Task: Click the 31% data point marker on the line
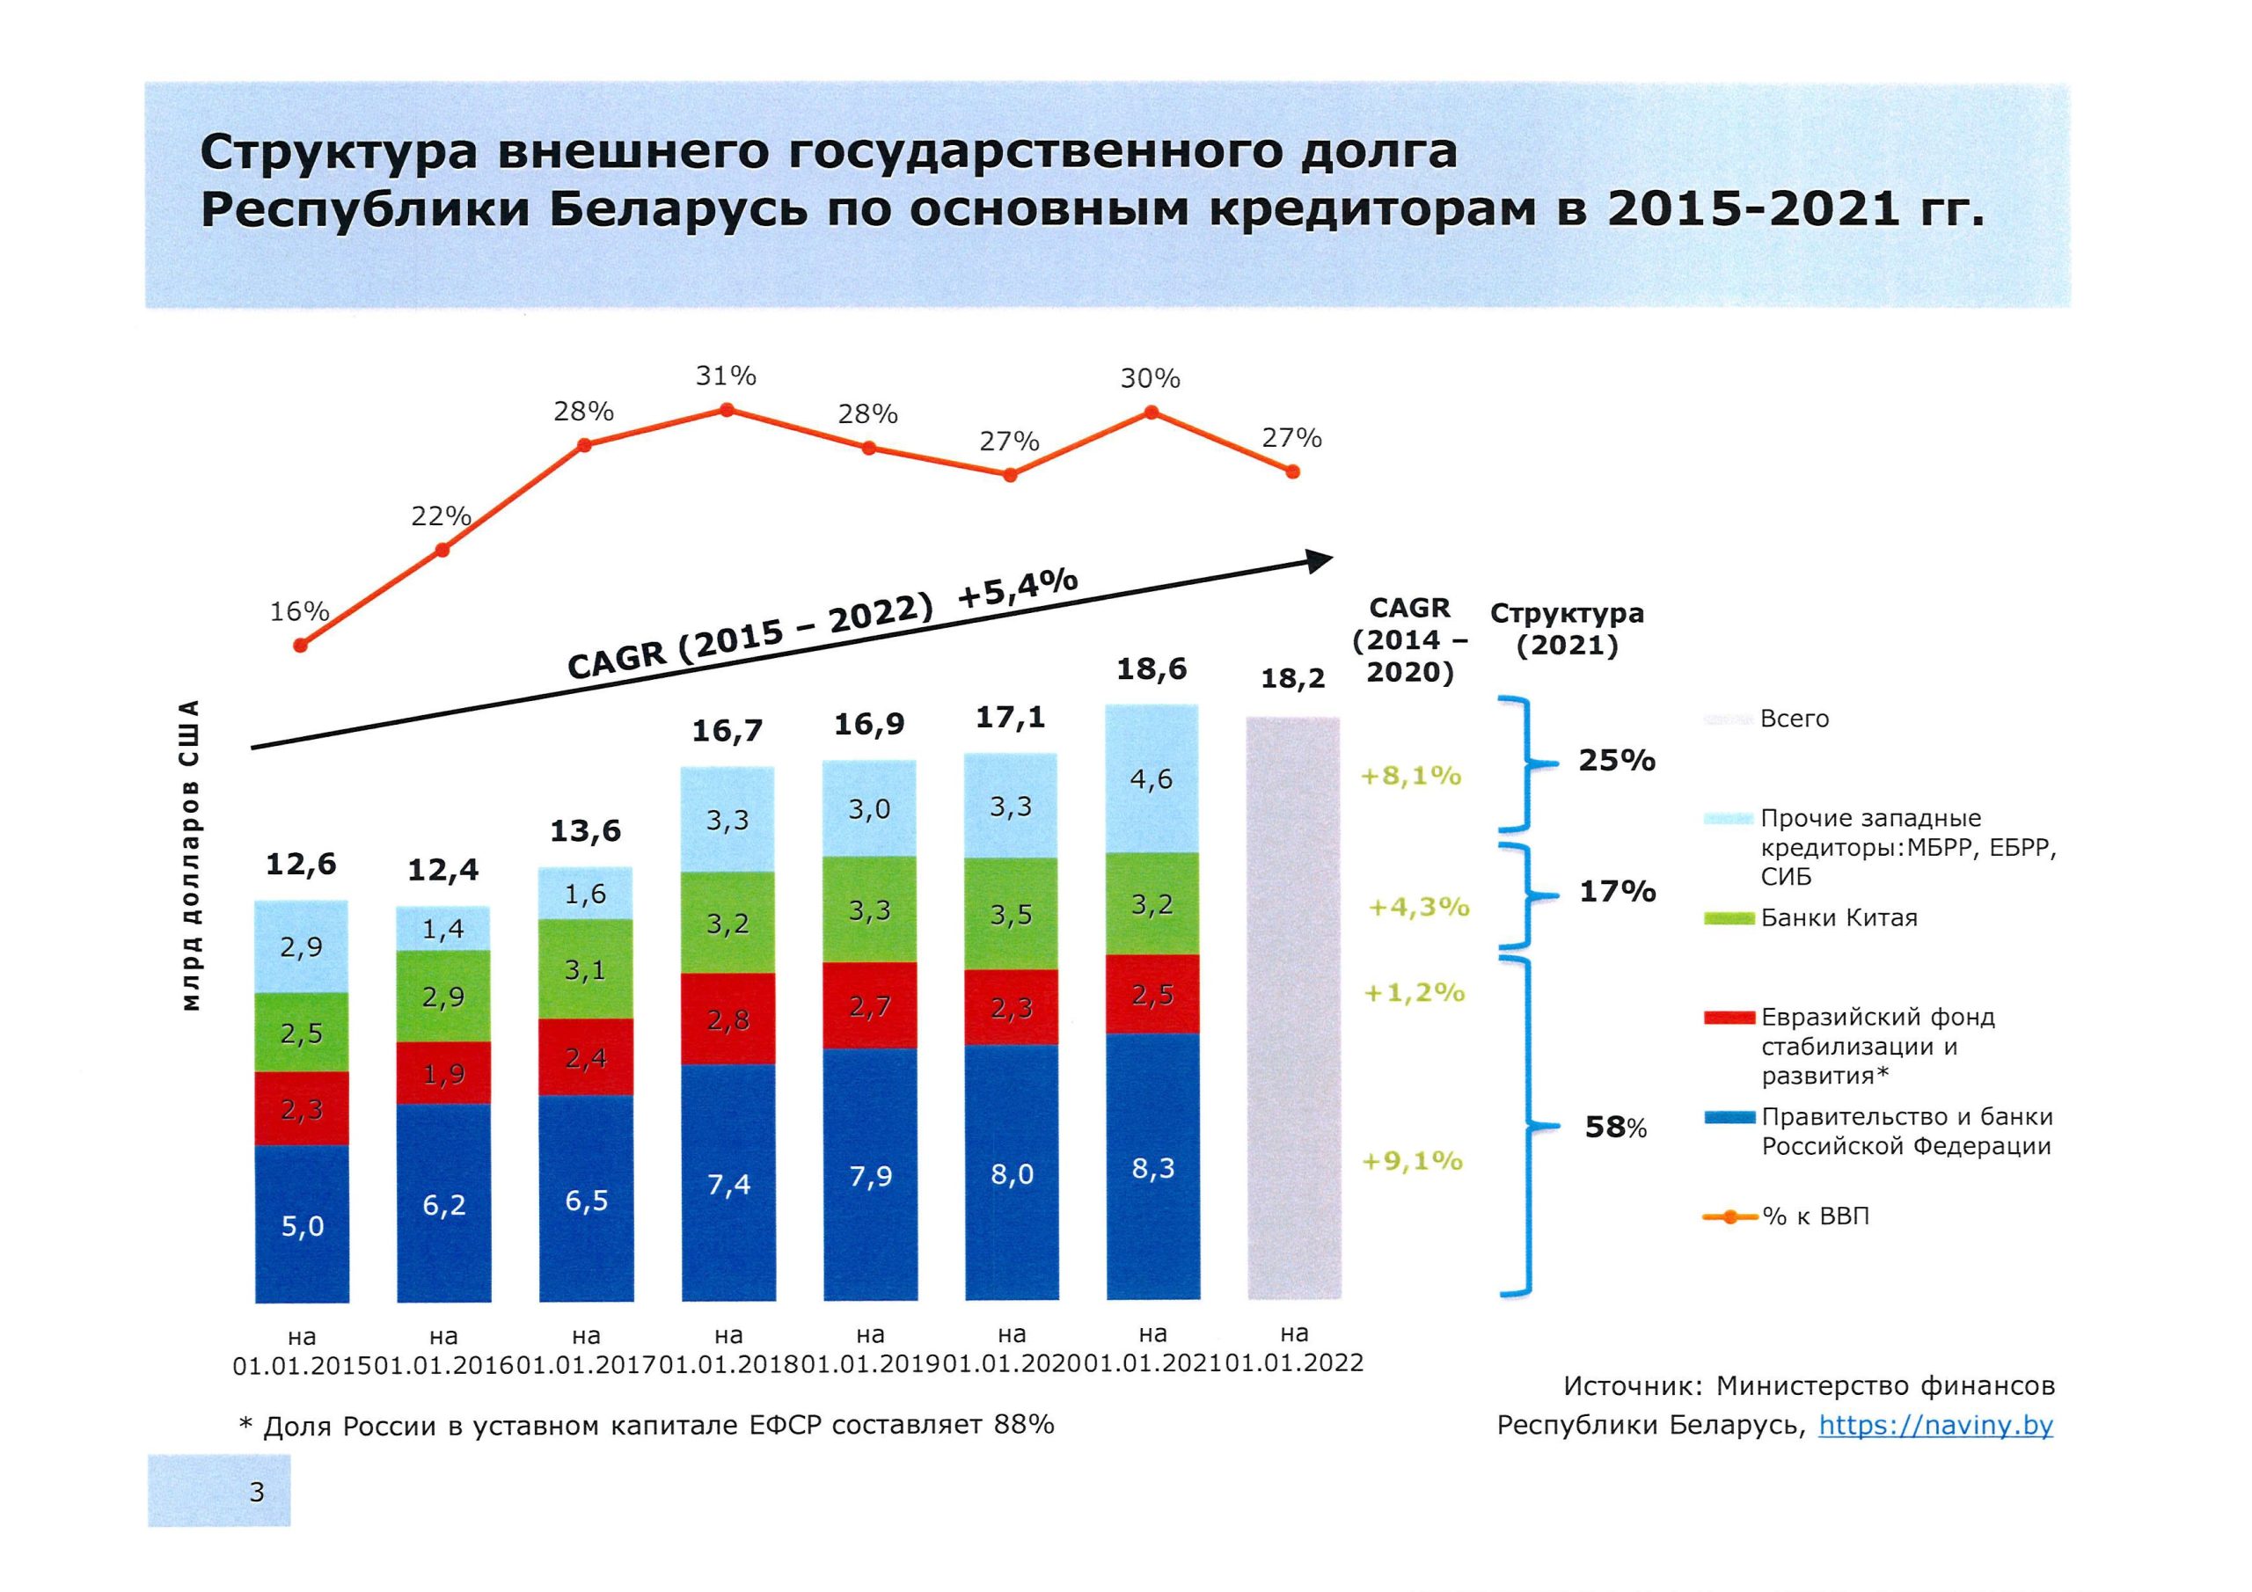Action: point(727,410)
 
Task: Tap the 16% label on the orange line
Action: point(299,612)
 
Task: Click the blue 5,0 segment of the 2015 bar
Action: point(302,1224)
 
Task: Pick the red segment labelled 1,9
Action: point(443,1073)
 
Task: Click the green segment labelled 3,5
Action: point(1012,914)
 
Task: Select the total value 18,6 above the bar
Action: point(1152,669)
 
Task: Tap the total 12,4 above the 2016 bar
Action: point(443,870)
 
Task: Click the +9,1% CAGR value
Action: point(1413,1161)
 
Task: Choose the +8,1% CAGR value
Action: point(1410,776)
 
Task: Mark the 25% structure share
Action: point(1616,760)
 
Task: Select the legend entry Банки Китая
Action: point(1838,918)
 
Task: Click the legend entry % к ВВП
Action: point(1815,1216)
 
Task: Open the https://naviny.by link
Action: point(1935,1425)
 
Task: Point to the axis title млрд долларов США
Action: point(193,854)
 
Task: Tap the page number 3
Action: point(257,1492)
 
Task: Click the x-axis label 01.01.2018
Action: point(728,1364)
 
